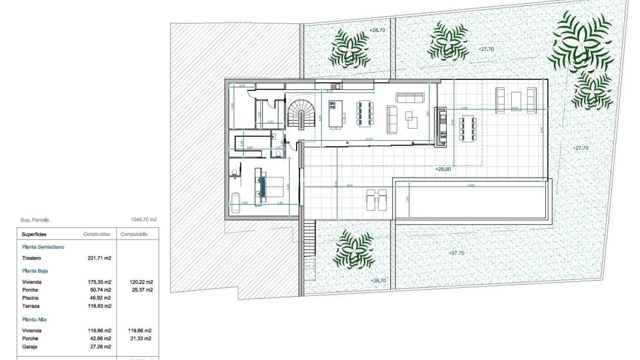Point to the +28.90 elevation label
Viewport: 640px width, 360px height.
pyautogui.click(x=442, y=169)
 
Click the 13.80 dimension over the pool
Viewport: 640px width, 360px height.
pyautogui.click(x=469, y=185)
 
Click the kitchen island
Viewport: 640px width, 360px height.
pyautogui.click(x=336, y=114)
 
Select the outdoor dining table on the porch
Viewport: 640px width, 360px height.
pyautogui.click(x=468, y=128)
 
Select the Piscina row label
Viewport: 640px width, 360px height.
pyautogui.click(x=30, y=298)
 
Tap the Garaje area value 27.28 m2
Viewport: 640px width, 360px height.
pyautogui.click(x=100, y=346)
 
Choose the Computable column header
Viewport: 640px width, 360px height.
pyautogui.click(x=134, y=234)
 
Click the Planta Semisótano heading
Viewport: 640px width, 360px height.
pyautogui.click(x=43, y=247)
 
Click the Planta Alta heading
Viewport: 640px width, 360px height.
pyautogui.click(x=34, y=319)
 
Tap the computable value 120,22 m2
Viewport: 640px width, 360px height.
pyautogui.click(x=141, y=282)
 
